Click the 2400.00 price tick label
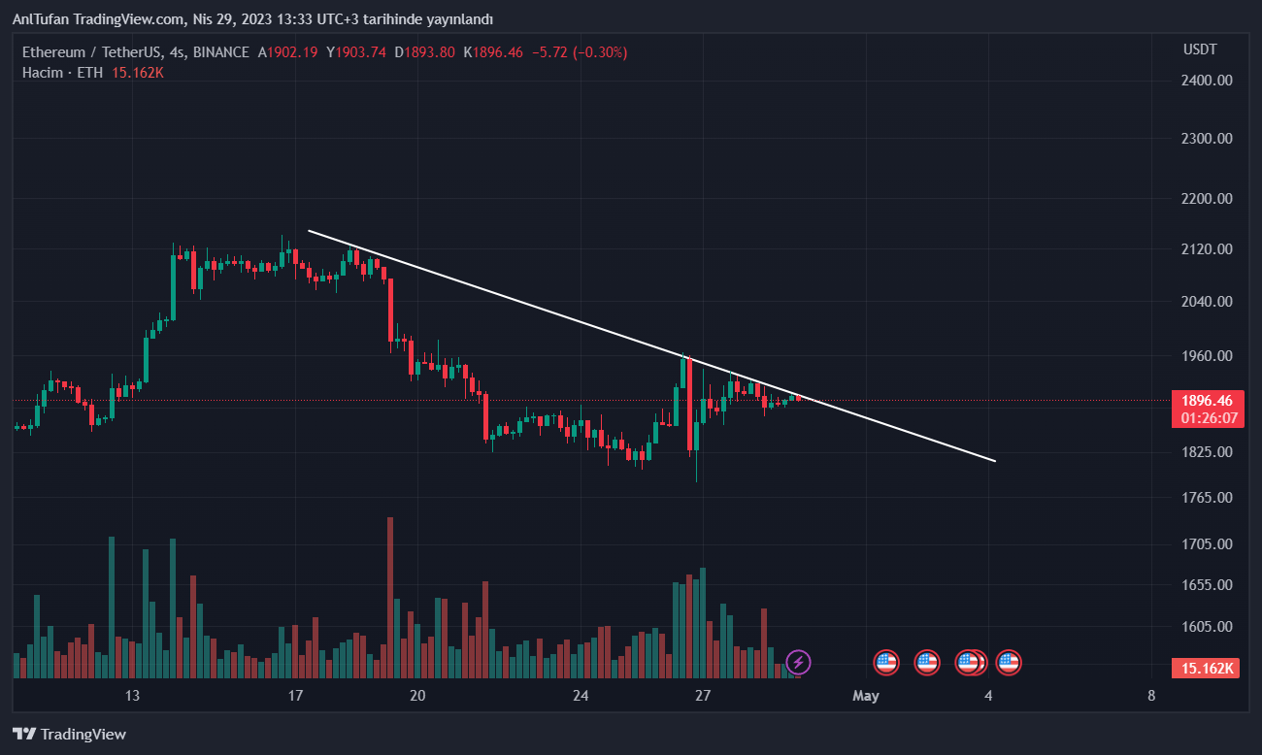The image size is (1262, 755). [x=1208, y=81]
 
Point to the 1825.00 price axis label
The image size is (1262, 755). [x=1208, y=452]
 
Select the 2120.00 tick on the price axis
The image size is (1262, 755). [x=1208, y=249]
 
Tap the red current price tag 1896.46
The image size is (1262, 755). [x=1207, y=400]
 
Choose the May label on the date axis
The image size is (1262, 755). [x=865, y=695]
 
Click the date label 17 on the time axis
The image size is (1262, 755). [x=295, y=695]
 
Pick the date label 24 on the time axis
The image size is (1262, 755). [x=581, y=695]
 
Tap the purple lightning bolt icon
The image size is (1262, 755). [x=798, y=663]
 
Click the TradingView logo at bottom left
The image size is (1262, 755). [x=69, y=735]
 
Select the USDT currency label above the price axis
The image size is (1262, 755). [x=1200, y=49]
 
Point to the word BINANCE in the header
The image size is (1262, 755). [x=220, y=52]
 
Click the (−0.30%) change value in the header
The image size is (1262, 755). [x=600, y=52]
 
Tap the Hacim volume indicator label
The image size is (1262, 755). [x=43, y=73]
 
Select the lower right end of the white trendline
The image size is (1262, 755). [x=995, y=461]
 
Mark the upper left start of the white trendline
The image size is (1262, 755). [x=309, y=230]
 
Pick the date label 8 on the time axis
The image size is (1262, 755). [x=1150, y=695]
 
